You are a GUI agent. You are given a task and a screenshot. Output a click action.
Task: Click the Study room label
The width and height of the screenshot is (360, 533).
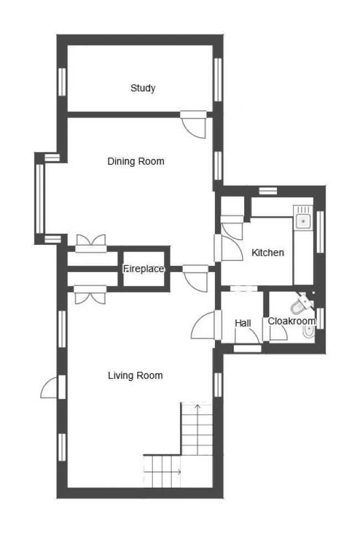click(143, 88)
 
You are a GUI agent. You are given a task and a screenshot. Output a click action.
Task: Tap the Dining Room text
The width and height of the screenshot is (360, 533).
click(136, 162)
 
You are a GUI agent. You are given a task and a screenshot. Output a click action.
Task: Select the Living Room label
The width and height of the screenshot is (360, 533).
click(135, 376)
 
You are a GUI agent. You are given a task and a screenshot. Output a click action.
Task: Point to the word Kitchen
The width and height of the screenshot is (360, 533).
click(268, 253)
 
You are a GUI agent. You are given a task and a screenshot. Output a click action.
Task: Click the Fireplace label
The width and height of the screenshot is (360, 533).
click(143, 269)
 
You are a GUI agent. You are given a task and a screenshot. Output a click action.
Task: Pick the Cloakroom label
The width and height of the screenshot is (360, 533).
click(291, 321)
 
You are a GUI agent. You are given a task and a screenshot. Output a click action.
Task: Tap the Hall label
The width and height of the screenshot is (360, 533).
click(243, 323)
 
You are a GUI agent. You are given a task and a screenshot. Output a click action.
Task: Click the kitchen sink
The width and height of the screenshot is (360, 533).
click(302, 221)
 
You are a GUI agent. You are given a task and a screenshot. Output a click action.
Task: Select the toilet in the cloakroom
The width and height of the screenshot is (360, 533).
click(301, 303)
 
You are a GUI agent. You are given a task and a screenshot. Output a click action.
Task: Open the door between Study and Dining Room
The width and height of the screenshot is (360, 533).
click(194, 125)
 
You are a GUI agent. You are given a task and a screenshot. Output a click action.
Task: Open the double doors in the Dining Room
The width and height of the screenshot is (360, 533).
click(90, 243)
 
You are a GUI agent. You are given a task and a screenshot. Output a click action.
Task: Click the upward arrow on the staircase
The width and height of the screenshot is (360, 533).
click(197, 411)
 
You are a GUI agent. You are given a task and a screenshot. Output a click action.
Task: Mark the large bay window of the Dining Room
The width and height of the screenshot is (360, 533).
click(39, 198)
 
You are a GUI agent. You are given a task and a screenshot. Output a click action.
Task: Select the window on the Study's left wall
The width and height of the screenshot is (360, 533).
click(62, 81)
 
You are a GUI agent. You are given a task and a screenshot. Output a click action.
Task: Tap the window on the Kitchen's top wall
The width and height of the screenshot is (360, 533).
click(268, 191)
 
